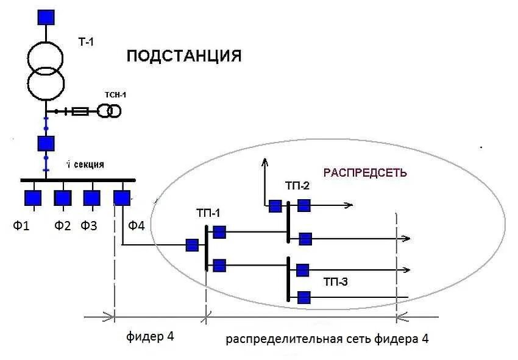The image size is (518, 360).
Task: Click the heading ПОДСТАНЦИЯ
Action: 184,56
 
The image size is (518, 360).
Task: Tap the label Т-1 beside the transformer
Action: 86,41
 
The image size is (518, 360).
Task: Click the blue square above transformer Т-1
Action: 46,16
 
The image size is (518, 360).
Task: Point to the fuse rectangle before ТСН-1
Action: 80,111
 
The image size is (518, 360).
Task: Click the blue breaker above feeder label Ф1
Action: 33,199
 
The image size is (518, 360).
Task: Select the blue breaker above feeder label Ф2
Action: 63,199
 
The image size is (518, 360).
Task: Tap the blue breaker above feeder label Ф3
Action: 92,199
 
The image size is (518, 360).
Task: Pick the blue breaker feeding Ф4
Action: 122,199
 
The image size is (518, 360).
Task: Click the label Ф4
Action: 136,226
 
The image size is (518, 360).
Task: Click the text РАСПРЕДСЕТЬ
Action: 364,173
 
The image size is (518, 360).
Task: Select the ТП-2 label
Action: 297,186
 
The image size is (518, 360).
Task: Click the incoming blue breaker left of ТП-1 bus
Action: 192,245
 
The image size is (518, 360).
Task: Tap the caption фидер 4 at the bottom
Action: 154,337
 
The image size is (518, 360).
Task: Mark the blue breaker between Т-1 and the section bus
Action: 46,143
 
